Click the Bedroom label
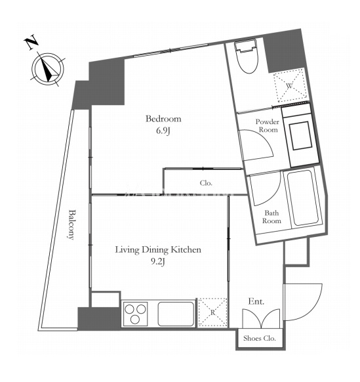(163, 119)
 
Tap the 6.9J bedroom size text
(163, 131)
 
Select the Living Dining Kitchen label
(158, 250)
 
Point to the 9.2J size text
(158, 262)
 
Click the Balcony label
(71, 224)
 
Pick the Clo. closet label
(206, 183)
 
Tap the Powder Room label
(268, 125)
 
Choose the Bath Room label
(271, 217)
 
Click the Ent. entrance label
(256, 302)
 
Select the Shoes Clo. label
(260, 338)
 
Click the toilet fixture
(247, 56)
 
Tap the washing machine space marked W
(289, 85)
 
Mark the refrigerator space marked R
(212, 312)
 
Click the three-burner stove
(135, 314)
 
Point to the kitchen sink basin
(176, 314)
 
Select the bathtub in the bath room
(304, 198)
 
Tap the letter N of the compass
(31, 43)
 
